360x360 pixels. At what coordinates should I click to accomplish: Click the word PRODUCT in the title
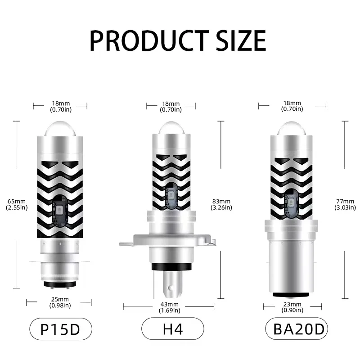149,40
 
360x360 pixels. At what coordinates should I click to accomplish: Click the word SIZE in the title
241,40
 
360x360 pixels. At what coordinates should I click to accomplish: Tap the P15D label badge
61,329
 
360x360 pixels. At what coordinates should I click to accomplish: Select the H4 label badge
173,329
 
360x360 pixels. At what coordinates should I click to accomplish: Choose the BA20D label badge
297,329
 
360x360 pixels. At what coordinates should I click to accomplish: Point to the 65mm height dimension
17,204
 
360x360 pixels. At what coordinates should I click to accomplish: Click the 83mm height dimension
221,204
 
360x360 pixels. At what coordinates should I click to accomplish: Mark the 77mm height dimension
345,204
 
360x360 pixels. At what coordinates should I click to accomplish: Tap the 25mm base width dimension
60,302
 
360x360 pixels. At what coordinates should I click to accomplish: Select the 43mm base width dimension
170,307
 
